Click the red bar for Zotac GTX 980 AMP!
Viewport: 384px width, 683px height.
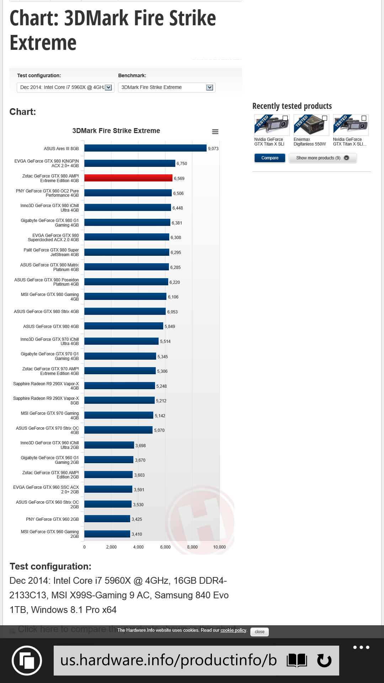click(x=128, y=178)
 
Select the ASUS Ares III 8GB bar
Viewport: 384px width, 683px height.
click(x=145, y=148)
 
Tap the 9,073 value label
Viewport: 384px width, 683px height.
click(x=213, y=149)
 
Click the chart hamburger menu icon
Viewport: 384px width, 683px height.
click(x=215, y=132)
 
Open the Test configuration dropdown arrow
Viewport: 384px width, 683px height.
click(x=108, y=88)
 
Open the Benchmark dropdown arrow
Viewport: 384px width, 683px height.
click(x=210, y=88)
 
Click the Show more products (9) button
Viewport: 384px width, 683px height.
click(x=322, y=158)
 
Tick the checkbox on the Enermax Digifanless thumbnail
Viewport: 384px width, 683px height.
click(x=324, y=118)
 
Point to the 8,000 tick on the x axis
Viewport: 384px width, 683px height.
click(x=192, y=547)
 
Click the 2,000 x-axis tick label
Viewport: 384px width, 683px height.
click(x=111, y=547)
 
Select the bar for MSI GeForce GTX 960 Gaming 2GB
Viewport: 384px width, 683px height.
click(x=107, y=534)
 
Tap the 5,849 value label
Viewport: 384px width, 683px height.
click(x=170, y=327)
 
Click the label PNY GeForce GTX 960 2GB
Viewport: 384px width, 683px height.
click(x=52, y=519)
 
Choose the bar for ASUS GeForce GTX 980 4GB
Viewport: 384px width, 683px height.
click(x=123, y=326)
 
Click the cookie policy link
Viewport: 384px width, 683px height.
click(x=233, y=630)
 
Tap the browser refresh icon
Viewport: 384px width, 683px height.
click(x=324, y=661)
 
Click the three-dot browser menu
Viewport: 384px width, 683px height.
click(x=361, y=647)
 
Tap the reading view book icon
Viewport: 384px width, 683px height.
click(x=297, y=661)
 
